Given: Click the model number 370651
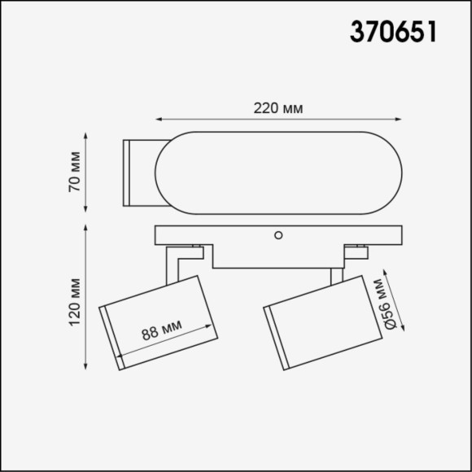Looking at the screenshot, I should point(394,32).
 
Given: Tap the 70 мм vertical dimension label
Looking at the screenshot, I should point(74,172).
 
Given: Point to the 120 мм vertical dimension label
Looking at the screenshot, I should point(74,302).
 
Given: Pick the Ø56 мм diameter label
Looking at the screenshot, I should point(381,303).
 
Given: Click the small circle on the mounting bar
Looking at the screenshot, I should point(278,235).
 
